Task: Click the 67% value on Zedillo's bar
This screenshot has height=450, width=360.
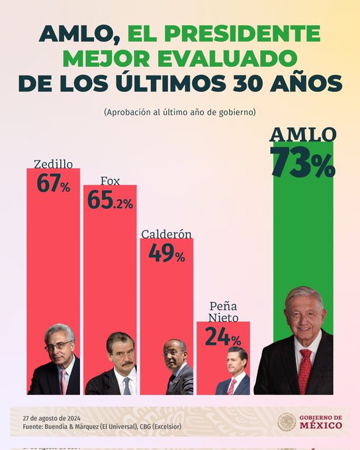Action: [x=53, y=184]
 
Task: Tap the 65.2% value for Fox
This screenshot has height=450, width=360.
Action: [x=109, y=201]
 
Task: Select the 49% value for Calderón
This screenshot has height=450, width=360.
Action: [x=166, y=253]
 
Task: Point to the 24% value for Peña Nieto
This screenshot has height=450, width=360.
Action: [x=222, y=337]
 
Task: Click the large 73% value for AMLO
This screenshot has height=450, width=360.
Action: [x=302, y=163]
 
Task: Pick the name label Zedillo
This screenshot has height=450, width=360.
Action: [x=53, y=163]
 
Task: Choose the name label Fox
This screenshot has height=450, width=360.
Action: [x=110, y=181]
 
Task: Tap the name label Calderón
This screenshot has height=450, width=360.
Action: [x=166, y=234]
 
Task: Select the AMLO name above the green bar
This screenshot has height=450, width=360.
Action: [x=302, y=134]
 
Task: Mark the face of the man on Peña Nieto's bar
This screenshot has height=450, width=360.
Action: [x=236, y=364]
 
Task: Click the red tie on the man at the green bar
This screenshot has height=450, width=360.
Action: [x=305, y=371]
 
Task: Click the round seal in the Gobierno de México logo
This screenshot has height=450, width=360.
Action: [x=287, y=422]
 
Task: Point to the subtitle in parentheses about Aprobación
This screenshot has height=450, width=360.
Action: [x=179, y=112]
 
